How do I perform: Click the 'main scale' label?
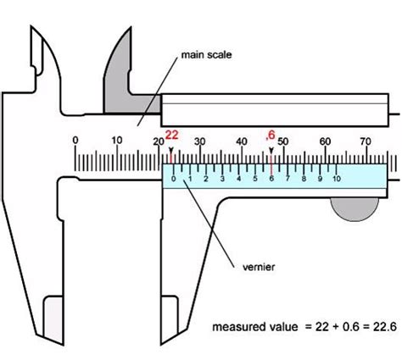tap(206, 54)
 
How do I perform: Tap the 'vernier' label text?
tap(259, 267)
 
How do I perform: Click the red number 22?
tap(171, 135)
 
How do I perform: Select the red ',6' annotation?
tap(271, 136)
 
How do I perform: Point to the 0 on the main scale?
tap(75, 140)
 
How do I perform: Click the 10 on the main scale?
tap(117, 140)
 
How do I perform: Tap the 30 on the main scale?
tap(200, 141)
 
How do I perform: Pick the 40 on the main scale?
tap(242, 141)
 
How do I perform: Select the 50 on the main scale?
tap(283, 141)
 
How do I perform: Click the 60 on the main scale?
tap(325, 141)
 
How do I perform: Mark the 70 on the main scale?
tap(366, 141)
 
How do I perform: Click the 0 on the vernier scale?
tap(174, 179)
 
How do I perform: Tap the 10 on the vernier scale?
tap(337, 179)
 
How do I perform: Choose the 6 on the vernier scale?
tap(271, 179)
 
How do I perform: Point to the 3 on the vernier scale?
tap(222, 179)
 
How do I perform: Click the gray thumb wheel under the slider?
tap(355, 209)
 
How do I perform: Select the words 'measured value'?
tap(255, 327)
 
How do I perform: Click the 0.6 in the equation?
tap(351, 327)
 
